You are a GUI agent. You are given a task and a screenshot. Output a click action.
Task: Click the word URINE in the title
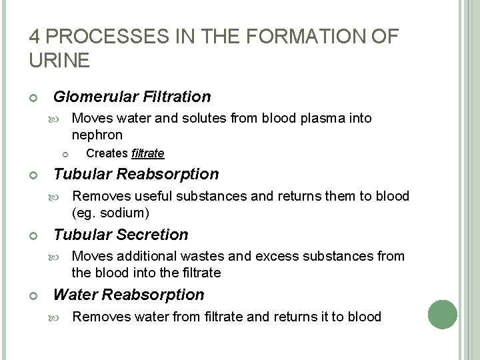click(x=58, y=61)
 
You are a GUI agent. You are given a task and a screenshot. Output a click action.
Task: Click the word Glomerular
click(x=95, y=97)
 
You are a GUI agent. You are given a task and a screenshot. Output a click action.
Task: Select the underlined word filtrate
click(x=148, y=153)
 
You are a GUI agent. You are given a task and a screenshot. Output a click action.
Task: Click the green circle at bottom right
click(x=441, y=313)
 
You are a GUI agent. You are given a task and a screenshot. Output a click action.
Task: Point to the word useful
click(x=153, y=196)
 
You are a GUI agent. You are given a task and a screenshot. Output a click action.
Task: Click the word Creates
click(x=107, y=153)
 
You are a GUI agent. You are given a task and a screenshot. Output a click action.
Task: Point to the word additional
click(x=141, y=256)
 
